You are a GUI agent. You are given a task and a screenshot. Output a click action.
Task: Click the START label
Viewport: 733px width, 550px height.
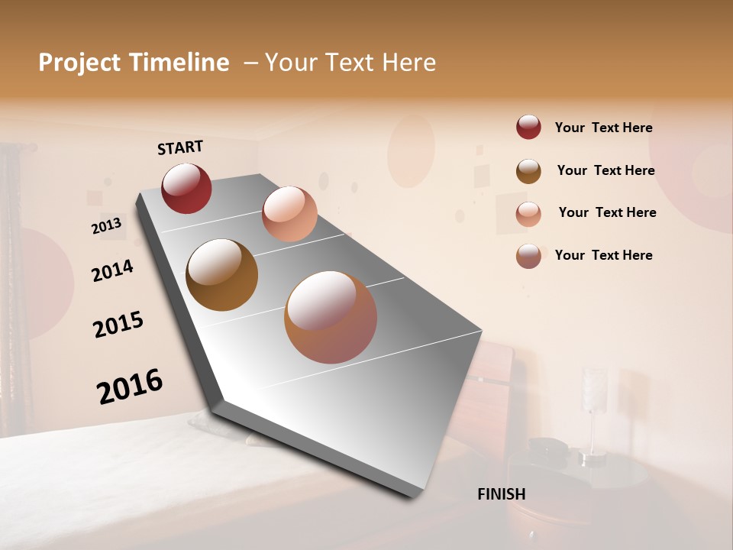click(x=180, y=147)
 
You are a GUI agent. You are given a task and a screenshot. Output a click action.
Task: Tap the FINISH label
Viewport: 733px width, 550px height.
click(x=501, y=493)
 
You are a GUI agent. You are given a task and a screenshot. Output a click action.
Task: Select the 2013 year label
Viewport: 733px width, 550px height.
click(x=106, y=226)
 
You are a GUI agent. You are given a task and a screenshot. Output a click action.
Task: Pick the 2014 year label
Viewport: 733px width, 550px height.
click(x=112, y=270)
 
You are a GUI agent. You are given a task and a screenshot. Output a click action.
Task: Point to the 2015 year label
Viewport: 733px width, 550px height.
click(x=118, y=324)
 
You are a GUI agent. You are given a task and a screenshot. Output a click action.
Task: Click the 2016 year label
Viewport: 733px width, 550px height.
click(x=130, y=387)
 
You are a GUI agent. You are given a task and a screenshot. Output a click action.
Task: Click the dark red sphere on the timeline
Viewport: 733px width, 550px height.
click(x=186, y=188)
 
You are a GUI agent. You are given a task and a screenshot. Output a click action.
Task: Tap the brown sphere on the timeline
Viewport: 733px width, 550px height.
click(x=221, y=275)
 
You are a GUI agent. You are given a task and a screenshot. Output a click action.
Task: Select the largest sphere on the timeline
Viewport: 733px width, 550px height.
click(x=331, y=317)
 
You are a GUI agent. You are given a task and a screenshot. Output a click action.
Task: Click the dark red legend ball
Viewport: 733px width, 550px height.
click(x=528, y=128)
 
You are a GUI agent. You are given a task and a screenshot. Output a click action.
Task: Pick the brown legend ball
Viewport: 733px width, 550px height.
click(x=528, y=171)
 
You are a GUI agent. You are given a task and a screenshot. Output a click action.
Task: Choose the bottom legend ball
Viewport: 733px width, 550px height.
click(x=528, y=256)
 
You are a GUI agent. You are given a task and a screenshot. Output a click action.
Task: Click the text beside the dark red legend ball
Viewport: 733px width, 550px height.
click(x=603, y=128)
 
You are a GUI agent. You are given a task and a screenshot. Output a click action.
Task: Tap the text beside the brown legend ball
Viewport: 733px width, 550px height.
click(x=605, y=170)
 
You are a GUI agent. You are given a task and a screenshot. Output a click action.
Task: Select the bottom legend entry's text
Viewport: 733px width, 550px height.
click(x=603, y=255)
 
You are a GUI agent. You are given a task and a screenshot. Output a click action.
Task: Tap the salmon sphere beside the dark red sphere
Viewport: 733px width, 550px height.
click(x=289, y=214)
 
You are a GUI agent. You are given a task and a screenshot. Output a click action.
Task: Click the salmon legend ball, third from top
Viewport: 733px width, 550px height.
click(x=528, y=214)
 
